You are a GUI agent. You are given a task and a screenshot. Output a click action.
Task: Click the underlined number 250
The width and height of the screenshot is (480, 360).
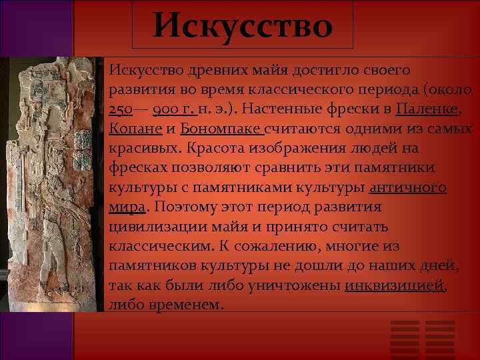click(121, 109)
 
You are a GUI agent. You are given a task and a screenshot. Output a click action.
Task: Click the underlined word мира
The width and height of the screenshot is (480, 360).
click(126, 207)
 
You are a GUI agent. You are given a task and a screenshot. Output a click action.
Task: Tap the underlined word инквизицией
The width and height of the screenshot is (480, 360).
click(395, 285)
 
